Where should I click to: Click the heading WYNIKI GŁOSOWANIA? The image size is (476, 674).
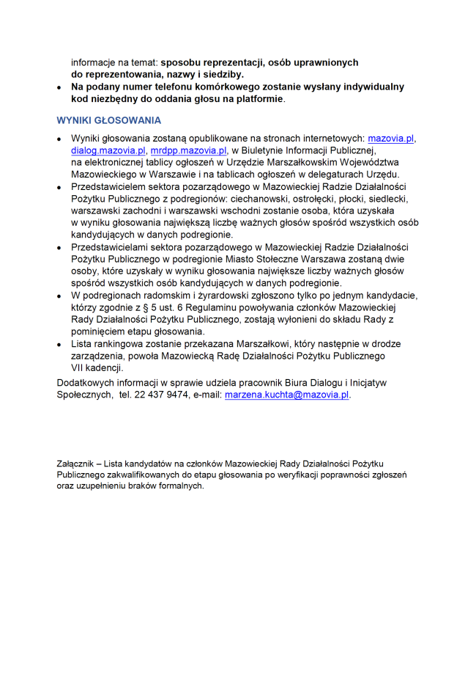108,120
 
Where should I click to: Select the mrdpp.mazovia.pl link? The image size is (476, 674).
188,150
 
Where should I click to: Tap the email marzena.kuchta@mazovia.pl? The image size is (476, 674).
287,394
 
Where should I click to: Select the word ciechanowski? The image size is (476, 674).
259,198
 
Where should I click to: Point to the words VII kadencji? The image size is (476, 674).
97,368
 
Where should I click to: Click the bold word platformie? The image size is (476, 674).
256,98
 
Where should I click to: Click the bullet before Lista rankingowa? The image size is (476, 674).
59,344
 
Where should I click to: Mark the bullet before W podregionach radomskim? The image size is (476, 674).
59,296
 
